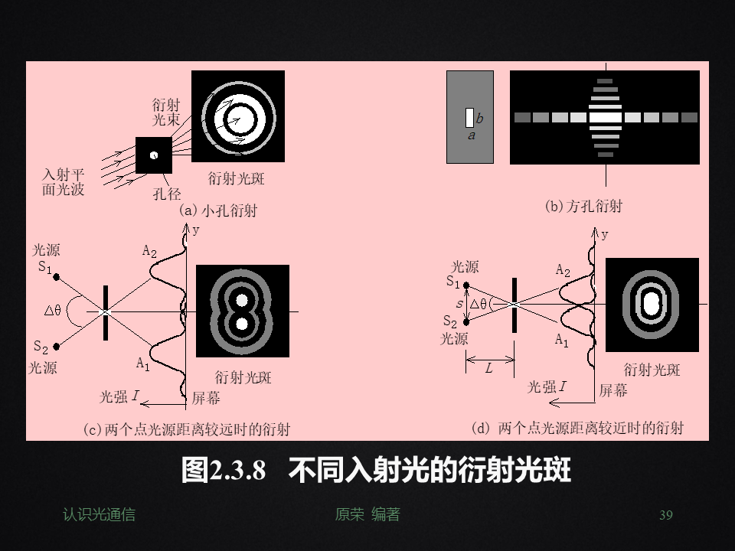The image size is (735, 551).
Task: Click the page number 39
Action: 665,515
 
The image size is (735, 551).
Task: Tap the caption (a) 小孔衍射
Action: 217,210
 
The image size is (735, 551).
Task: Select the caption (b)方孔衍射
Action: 583,205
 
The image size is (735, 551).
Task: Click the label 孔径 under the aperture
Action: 167,194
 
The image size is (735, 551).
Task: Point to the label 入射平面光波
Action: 64,182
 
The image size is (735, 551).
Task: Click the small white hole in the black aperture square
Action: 154,155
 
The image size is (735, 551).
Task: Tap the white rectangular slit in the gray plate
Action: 469,118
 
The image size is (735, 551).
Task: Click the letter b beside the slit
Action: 479,119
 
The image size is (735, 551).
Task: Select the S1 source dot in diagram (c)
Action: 57,277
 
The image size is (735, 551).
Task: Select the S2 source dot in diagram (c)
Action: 57,346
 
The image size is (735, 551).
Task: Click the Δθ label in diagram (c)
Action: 53,310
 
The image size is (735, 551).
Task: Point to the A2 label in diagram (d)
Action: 563,270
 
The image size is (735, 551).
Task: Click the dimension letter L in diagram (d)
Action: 488,368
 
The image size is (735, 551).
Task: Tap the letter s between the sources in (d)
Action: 459,304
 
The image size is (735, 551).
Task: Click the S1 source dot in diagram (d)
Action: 467,285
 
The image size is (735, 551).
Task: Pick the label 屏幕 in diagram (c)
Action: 206,398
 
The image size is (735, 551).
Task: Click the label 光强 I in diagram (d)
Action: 547,387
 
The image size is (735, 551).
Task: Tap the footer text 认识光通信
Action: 99,515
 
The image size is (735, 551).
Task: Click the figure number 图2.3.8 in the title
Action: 224,470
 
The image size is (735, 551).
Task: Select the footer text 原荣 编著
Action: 367,515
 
